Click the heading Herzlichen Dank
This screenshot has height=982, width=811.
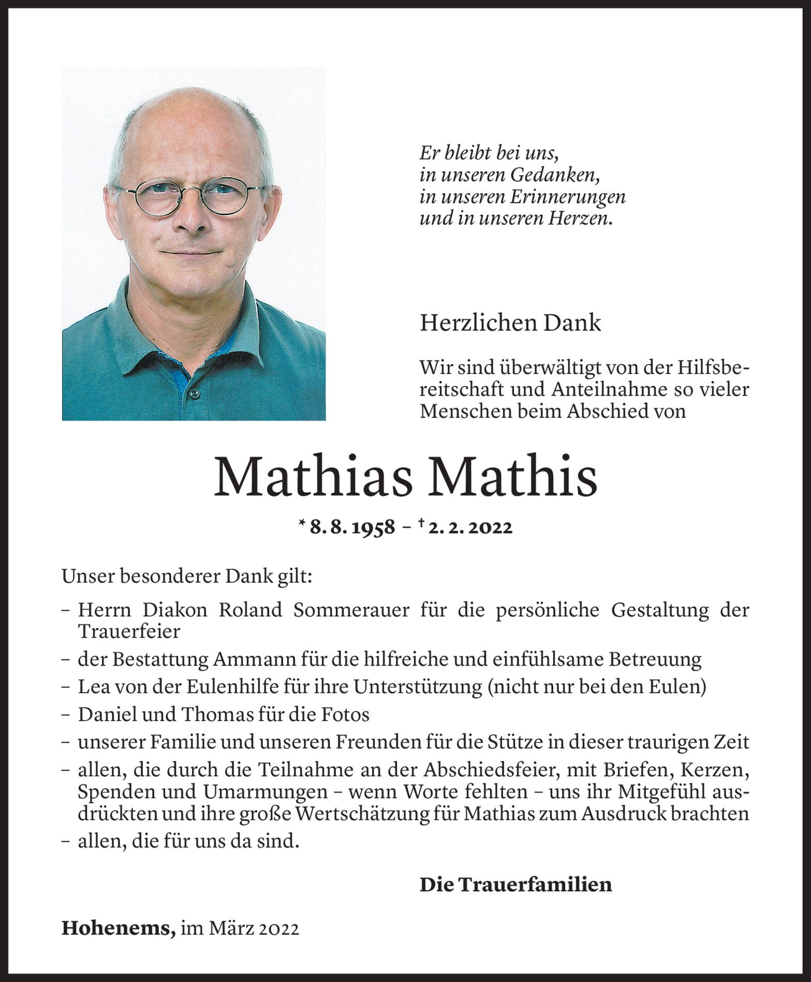pos(510,323)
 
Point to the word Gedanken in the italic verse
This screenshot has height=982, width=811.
pos(555,176)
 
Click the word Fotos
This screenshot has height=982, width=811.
pos(346,715)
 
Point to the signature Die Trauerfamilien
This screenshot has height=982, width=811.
pos(515,885)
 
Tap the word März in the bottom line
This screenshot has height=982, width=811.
pos(224,929)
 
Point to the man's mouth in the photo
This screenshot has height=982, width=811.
pos(190,253)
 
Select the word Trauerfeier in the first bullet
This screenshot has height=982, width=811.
pos(129,632)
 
